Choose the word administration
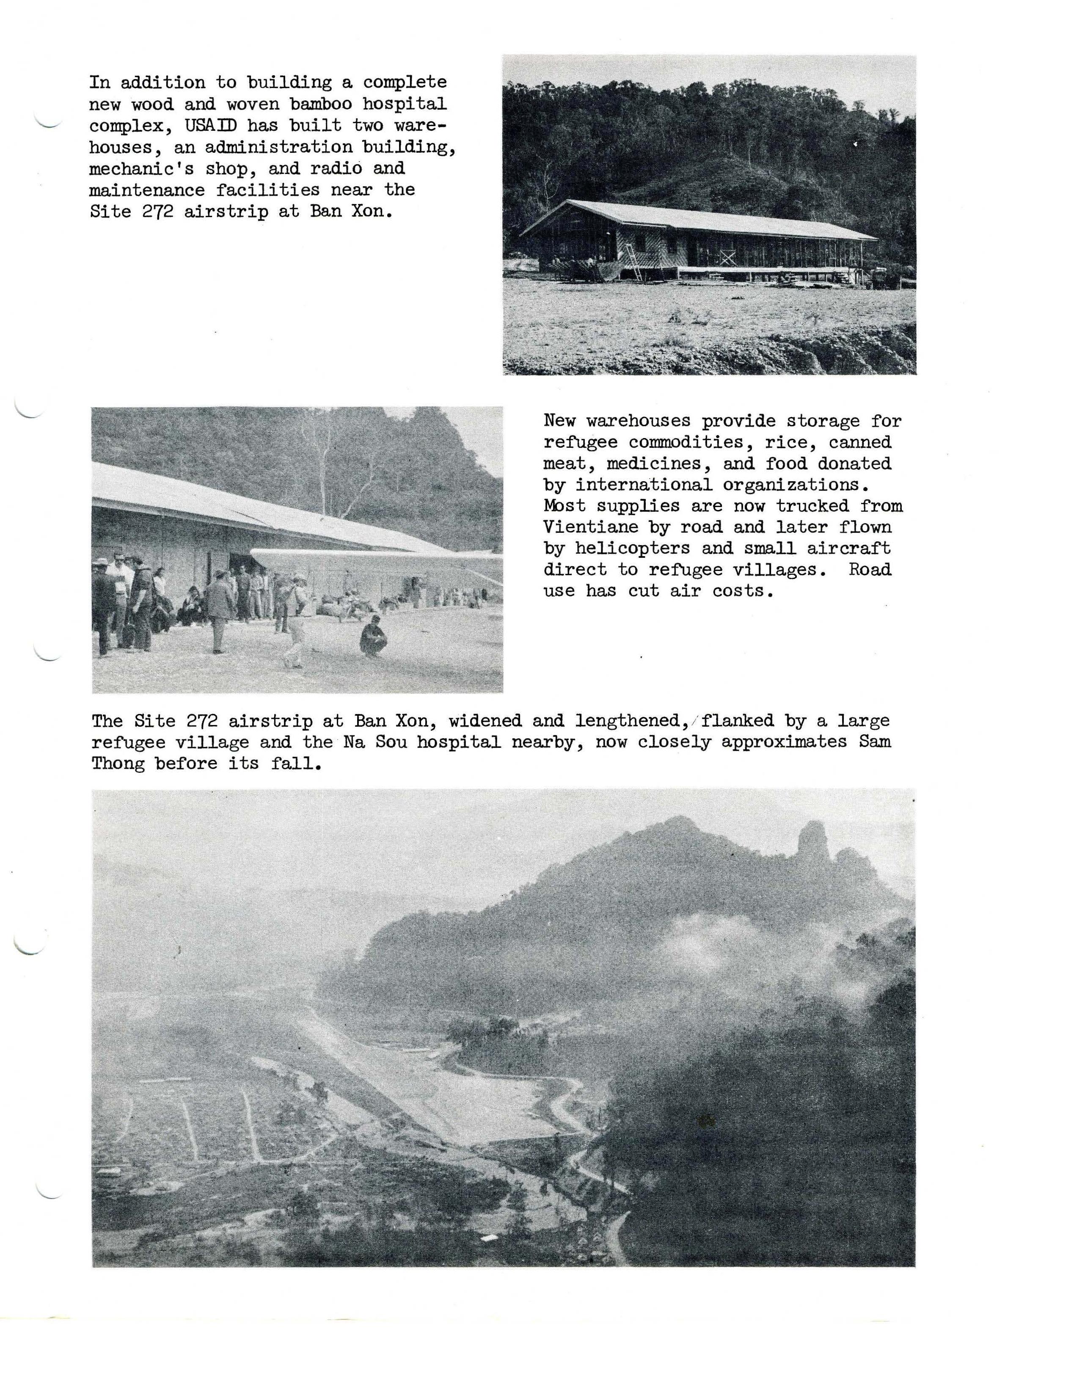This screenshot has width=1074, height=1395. tap(278, 147)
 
